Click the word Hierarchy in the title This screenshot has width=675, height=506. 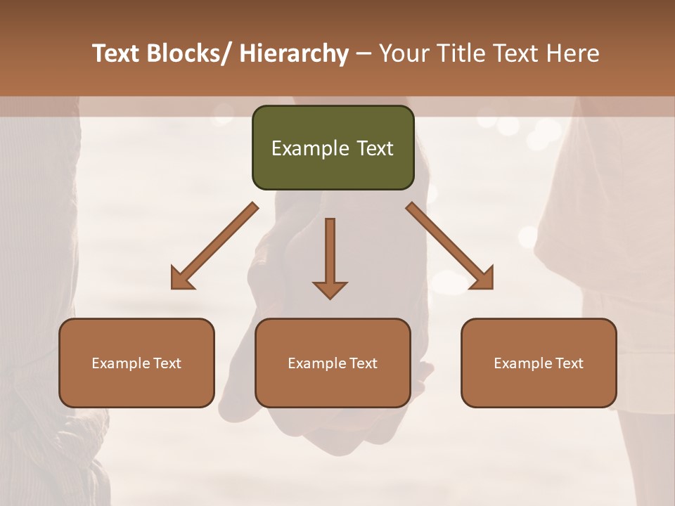[293, 53]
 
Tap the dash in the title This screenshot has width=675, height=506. [364, 53]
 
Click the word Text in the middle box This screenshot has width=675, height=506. [362, 363]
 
